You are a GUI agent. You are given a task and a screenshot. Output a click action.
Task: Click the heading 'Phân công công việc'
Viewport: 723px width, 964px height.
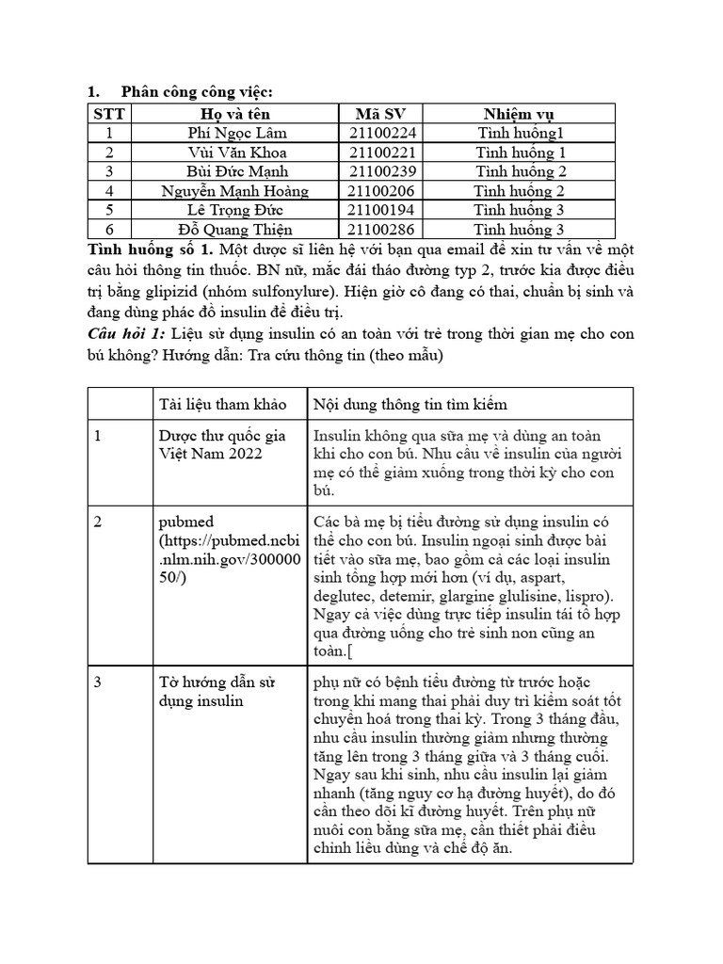[197, 91]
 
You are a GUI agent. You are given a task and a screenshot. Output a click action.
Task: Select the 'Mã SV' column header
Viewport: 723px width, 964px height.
[381, 114]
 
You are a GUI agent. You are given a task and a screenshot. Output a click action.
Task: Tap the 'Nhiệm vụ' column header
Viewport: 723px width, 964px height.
[520, 114]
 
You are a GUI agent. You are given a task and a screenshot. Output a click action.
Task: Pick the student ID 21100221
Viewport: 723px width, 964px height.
[381, 153]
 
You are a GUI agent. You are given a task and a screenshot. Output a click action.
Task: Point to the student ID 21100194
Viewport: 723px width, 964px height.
[381, 210]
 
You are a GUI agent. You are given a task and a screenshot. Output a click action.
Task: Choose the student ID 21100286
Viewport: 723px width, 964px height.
[381, 230]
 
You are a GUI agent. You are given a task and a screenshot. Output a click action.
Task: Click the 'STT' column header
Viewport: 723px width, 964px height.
[108, 114]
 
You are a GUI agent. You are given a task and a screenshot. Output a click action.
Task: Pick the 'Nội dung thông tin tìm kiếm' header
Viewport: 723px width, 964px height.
[410, 404]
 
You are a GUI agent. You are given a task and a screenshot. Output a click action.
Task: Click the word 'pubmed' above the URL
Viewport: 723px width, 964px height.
[185, 522]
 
